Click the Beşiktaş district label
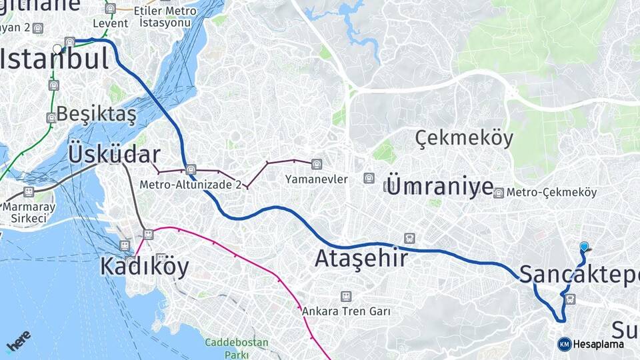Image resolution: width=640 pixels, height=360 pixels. pyautogui.click(x=96, y=114)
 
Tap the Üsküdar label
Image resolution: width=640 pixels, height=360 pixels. pyautogui.click(x=113, y=154)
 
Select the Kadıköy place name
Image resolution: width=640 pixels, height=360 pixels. pyautogui.click(x=144, y=267)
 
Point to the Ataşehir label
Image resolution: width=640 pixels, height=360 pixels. pyautogui.click(x=361, y=258)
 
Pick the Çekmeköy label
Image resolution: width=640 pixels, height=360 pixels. pyautogui.click(x=464, y=139)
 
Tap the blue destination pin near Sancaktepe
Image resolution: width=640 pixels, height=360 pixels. pyautogui.click(x=585, y=247)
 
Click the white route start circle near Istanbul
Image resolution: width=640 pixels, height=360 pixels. pyautogui.click(x=58, y=49)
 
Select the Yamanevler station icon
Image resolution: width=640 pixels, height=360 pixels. pyautogui.click(x=316, y=163)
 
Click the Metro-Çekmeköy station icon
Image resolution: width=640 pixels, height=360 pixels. pyautogui.click(x=498, y=193)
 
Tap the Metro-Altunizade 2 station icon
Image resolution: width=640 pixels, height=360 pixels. pyautogui.click(x=191, y=169)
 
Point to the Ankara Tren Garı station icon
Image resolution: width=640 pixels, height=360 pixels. pyautogui.click(x=345, y=296)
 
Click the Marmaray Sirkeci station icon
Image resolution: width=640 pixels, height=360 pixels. pyautogui.click(x=28, y=192)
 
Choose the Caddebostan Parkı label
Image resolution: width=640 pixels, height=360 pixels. pyautogui.click(x=236, y=348)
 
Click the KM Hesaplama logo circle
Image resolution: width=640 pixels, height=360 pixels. pyautogui.click(x=564, y=344)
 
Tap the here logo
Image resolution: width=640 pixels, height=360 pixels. pyautogui.click(x=18, y=341)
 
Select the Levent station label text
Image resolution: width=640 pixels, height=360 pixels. pyautogui.click(x=110, y=23)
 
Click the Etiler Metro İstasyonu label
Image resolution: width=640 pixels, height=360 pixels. pyautogui.click(x=165, y=17)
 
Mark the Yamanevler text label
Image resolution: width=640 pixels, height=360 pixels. pyautogui.click(x=316, y=179)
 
